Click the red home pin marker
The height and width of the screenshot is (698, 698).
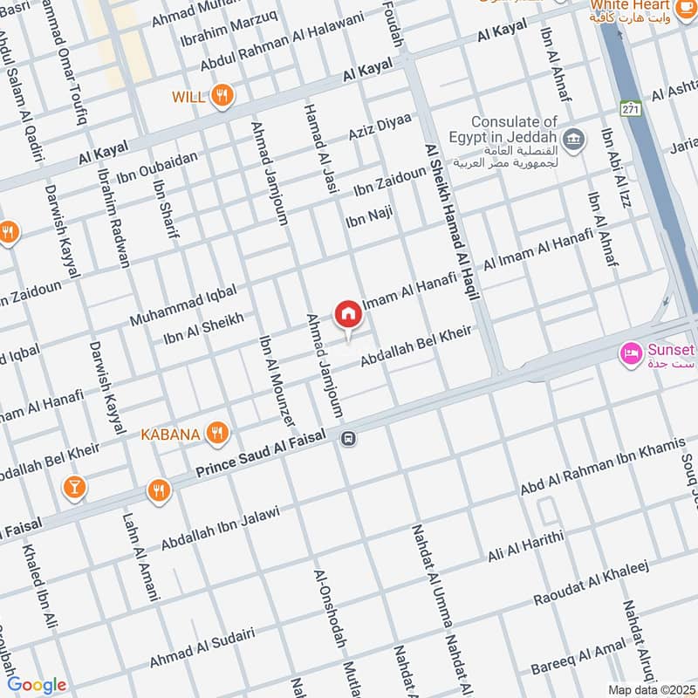347,314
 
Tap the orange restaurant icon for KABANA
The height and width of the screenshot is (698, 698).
218,433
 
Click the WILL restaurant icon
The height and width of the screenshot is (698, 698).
223,97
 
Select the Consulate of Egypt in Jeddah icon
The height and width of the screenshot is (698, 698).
573,138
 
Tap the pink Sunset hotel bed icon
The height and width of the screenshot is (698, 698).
628,353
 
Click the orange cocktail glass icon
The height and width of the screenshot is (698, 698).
74,488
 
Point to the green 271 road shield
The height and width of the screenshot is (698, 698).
630,109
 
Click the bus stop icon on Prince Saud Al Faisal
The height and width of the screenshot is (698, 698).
348,438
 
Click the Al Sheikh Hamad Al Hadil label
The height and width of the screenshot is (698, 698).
452,222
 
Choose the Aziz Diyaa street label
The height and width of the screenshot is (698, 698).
380,130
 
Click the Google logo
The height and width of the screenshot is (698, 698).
37,685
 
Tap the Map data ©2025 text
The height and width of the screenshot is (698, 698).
650,689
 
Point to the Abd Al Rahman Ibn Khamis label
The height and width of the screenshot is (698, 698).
603,466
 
